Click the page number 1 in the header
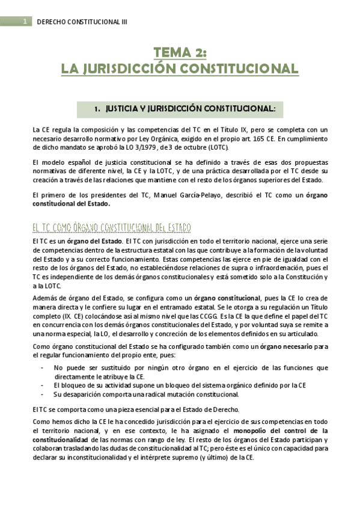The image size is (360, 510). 25,22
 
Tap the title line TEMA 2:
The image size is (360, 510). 180,54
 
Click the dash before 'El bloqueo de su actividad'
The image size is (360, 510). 41,385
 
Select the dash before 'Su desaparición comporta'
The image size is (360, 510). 41,394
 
